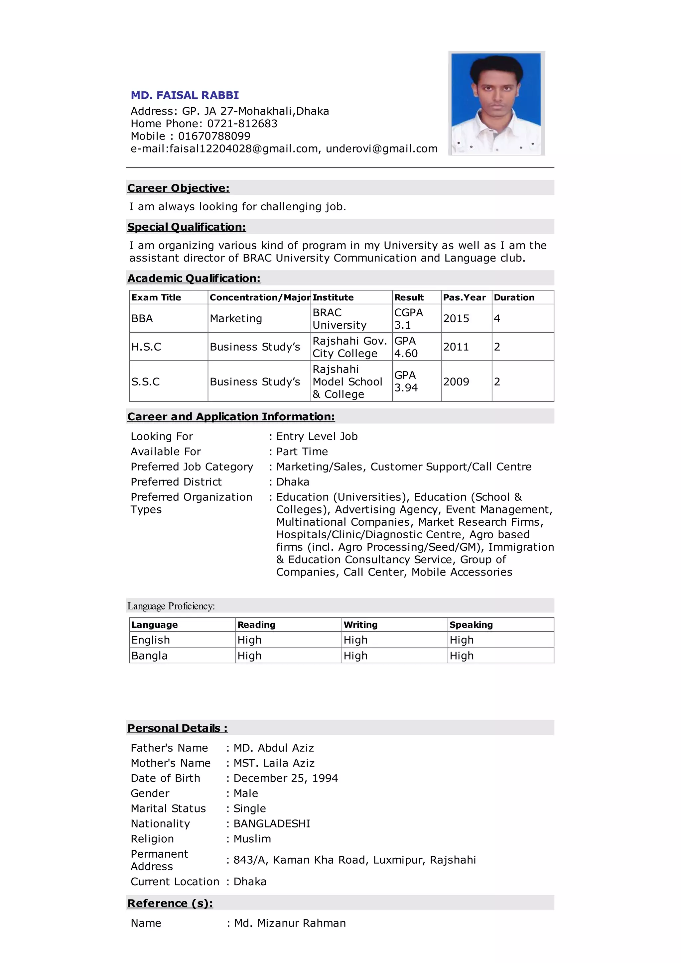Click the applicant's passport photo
pyautogui.click(x=496, y=103)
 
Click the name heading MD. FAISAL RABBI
pyautogui.click(x=185, y=95)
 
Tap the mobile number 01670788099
pyautogui.click(x=214, y=136)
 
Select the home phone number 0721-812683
pyautogui.click(x=242, y=124)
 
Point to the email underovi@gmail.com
pyautogui.click(x=381, y=149)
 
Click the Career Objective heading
pyautogui.click(x=178, y=188)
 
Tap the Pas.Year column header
pyautogui.click(x=464, y=297)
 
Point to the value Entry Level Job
pyautogui.click(x=317, y=437)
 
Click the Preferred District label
pyautogui.click(x=176, y=482)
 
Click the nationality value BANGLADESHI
pyautogui.click(x=271, y=824)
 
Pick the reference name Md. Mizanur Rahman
pyautogui.click(x=290, y=923)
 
